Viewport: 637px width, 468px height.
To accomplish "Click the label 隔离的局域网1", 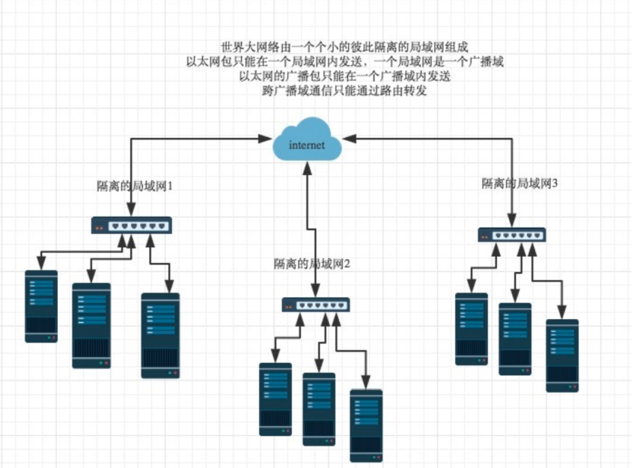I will (135, 186).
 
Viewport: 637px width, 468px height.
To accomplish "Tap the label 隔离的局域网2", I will (312, 263).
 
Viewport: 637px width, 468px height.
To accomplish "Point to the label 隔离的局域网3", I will (519, 183).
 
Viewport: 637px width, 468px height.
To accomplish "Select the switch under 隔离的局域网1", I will (132, 225).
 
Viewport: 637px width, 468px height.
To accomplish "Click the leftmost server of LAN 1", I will (41, 306).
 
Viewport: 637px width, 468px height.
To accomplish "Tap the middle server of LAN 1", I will (91, 325).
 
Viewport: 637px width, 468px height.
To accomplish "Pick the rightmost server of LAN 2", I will (366, 425).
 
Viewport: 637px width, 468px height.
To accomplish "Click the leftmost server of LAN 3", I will (472, 329).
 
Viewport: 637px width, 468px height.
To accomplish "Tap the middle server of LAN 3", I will (515, 338).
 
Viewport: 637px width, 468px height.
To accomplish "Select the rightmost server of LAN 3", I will (562, 356).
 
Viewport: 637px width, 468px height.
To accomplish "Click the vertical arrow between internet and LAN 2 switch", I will (307, 225).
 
